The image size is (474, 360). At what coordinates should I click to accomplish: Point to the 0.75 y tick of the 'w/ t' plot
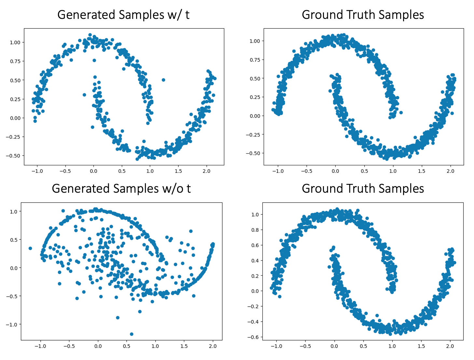13,61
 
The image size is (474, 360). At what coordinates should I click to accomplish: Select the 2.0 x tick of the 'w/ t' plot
206,171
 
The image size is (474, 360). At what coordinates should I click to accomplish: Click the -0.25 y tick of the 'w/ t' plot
12,137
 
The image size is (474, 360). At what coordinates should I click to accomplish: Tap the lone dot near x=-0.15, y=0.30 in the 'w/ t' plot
84,95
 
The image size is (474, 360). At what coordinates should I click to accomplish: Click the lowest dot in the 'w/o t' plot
132,334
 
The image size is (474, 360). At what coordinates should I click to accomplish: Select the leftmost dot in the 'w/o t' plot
30,248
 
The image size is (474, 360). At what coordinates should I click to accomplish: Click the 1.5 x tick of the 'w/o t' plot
184,346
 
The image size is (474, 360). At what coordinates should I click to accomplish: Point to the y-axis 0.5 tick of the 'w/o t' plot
13,240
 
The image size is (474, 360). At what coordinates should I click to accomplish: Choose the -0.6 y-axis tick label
253,337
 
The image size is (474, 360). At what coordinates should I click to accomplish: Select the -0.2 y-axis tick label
253,306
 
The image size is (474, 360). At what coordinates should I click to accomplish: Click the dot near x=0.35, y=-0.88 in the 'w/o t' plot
118,318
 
